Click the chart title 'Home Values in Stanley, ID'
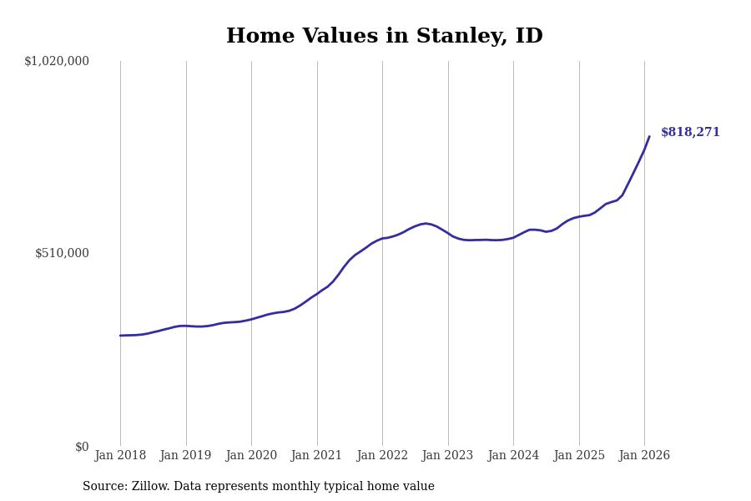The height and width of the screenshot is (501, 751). pyautogui.click(x=384, y=37)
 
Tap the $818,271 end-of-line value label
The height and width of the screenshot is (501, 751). pyautogui.click(x=690, y=133)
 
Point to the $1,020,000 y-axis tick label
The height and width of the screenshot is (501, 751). pyautogui.click(x=57, y=61)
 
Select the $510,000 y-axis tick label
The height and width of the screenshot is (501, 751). pyautogui.click(x=62, y=253)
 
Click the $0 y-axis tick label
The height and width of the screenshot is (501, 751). pyautogui.click(x=82, y=447)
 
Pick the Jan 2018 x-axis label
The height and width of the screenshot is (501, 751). pyautogui.click(x=120, y=456)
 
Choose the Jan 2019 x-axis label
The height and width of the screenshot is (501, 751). pyautogui.click(x=186, y=456)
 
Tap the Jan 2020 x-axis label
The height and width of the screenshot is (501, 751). pyautogui.click(x=251, y=456)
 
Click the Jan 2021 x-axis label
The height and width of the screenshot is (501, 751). pyautogui.click(x=317, y=456)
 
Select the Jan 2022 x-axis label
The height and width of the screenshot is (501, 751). pyautogui.click(x=382, y=456)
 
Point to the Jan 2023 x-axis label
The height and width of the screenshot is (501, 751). pyautogui.click(x=448, y=456)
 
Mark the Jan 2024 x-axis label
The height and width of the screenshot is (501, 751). pyautogui.click(x=513, y=456)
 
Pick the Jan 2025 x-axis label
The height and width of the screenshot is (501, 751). pyautogui.click(x=579, y=456)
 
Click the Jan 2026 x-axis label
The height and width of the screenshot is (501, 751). pyautogui.click(x=644, y=456)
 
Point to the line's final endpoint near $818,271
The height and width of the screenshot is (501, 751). pyautogui.click(x=649, y=137)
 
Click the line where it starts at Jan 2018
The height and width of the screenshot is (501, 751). pyautogui.click(x=120, y=336)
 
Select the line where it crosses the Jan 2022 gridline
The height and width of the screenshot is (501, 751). pyautogui.click(x=382, y=239)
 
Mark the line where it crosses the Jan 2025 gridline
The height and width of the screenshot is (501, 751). pyautogui.click(x=579, y=216)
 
